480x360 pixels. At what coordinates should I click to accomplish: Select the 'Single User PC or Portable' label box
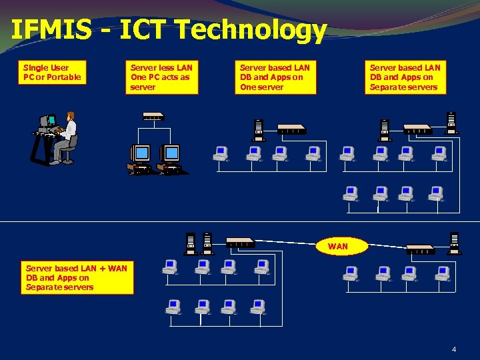52,73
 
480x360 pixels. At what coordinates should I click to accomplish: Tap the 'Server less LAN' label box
161,77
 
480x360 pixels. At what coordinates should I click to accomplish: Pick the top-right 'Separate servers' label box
405,77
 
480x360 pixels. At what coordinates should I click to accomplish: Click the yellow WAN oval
338,246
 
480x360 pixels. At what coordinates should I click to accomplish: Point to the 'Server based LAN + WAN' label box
76,278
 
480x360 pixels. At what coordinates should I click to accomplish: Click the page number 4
454,349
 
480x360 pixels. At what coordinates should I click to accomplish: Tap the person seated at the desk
67,137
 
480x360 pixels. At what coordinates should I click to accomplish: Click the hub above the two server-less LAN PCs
153,116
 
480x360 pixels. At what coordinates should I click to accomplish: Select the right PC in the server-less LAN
171,159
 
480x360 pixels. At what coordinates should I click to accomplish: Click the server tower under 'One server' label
259,129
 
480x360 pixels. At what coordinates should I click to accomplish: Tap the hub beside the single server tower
291,128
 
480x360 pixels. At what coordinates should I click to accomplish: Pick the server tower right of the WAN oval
455,243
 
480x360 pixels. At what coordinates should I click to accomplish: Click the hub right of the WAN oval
420,250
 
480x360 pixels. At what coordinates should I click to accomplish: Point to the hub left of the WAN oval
240,241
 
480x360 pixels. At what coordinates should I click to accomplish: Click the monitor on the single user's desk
48,121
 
